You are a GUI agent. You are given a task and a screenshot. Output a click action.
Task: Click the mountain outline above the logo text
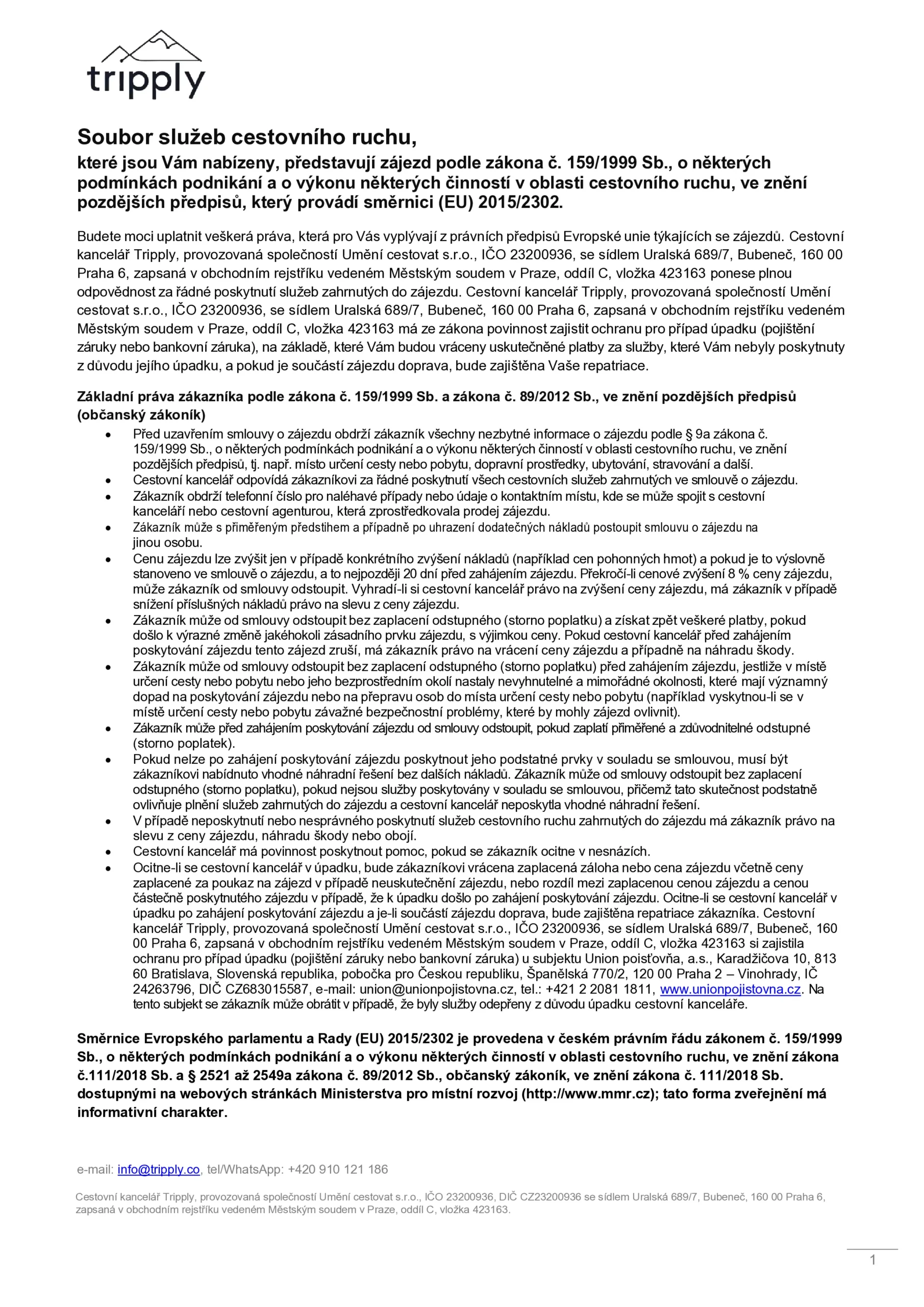[154, 46]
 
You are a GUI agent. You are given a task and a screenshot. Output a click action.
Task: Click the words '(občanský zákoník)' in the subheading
[141, 415]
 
